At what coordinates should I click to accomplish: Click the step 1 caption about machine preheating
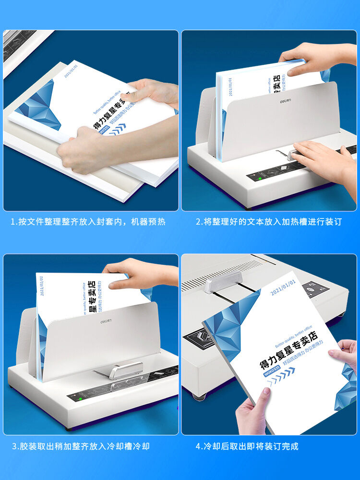click(x=88, y=222)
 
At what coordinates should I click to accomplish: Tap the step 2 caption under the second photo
click(x=269, y=222)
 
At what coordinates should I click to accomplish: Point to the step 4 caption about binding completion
click(x=247, y=446)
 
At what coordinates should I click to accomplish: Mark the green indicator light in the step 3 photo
click(x=74, y=398)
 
